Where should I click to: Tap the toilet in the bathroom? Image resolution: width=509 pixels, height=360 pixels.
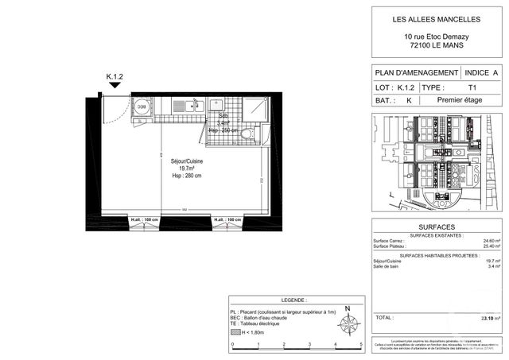247,134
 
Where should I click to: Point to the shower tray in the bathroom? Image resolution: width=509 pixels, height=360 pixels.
256,106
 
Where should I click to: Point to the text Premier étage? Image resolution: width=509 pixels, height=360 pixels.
461,101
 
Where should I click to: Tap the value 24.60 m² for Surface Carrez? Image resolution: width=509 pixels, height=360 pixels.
492,241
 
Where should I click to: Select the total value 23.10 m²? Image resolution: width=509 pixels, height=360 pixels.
491,318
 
